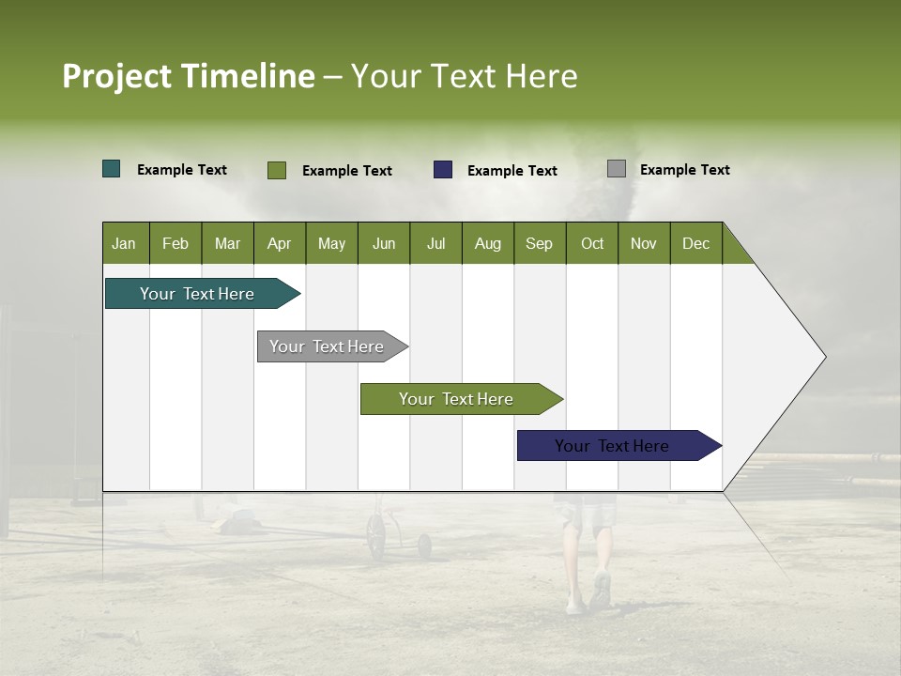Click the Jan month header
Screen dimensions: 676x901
point(125,243)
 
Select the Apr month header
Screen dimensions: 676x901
point(280,243)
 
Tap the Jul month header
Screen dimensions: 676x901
point(435,243)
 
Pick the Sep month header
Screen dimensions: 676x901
point(540,243)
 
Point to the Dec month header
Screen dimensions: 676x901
point(695,243)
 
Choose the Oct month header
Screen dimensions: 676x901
point(592,243)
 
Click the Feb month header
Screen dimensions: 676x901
point(176,243)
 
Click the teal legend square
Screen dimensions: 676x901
point(112,169)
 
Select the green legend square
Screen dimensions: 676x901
point(277,170)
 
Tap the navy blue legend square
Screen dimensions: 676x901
point(443,170)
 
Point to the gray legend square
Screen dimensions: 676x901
point(617,169)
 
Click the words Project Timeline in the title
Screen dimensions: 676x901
point(189,76)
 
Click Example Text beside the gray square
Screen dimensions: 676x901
point(684,170)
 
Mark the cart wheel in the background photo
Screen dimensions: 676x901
point(376,539)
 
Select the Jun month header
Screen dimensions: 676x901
point(384,243)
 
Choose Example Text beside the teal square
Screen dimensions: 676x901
point(182,170)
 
